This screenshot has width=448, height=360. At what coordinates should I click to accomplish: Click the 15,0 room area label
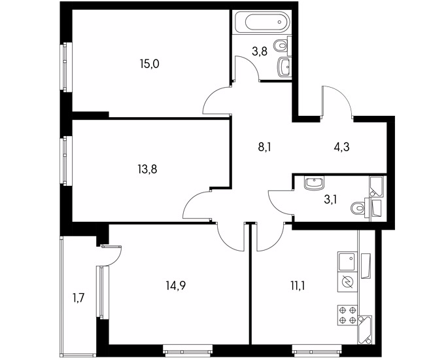coord(149,64)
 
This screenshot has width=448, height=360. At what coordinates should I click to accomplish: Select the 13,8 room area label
coord(147,170)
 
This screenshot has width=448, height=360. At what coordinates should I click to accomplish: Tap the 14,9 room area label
coord(176,285)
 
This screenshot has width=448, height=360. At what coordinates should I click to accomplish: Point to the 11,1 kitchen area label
coord(298,285)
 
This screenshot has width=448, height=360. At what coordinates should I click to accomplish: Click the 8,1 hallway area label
coord(264,148)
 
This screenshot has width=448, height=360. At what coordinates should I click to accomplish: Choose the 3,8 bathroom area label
coord(260,52)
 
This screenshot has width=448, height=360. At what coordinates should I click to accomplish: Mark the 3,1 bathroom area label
coord(331,199)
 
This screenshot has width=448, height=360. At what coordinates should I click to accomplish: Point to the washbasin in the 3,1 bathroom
coord(315,183)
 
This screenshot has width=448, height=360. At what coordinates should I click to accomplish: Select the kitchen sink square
coord(347,261)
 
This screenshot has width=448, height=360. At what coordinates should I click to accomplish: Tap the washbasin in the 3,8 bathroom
coord(284,67)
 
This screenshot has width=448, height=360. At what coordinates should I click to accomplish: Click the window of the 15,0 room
coord(67,67)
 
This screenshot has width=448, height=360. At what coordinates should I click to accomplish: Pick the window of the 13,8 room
coord(67,161)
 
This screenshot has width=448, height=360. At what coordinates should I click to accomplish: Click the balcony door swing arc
coord(118,258)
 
